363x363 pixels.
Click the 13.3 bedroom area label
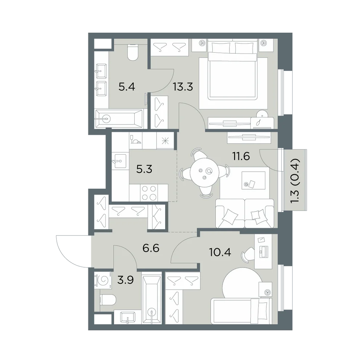[183, 87]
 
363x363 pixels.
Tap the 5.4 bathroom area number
[127, 87]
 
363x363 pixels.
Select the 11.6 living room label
[241, 156]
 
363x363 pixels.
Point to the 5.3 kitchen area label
[144, 169]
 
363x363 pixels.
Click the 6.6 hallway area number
[151, 248]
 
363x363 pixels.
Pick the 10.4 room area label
[220, 252]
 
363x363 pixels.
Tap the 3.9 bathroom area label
[125, 280]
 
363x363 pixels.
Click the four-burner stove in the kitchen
[149, 193]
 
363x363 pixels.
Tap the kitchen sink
[119, 161]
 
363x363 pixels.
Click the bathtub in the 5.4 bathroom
[119, 119]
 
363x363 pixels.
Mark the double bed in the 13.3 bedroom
[233, 69]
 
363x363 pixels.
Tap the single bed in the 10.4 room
[241, 311]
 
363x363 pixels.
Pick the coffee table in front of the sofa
[253, 180]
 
